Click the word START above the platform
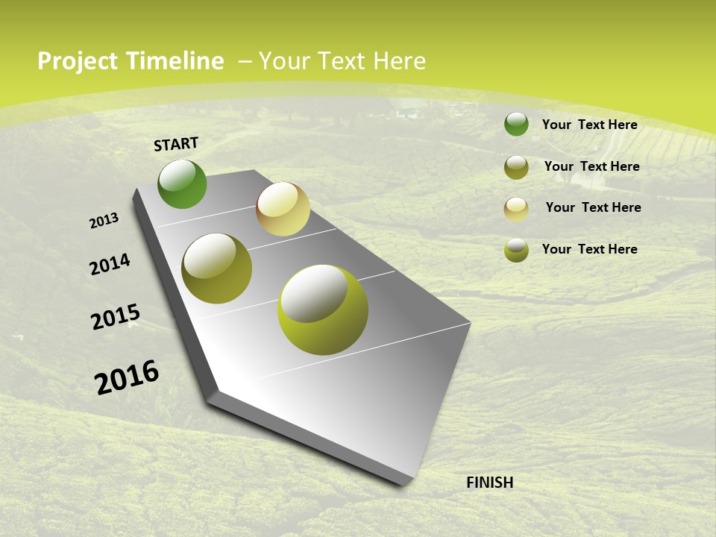point(176,144)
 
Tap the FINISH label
point(489,483)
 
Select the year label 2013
point(104,221)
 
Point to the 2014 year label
point(110,265)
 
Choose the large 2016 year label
point(127,377)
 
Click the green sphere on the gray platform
point(182,183)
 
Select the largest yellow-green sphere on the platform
point(323,310)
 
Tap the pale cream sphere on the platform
point(283,209)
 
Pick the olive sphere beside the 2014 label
point(216,268)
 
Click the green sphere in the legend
point(516,124)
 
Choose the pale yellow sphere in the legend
point(516,209)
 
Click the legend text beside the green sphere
point(589,125)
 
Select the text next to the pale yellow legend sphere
point(593,207)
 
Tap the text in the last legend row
point(589,249)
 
